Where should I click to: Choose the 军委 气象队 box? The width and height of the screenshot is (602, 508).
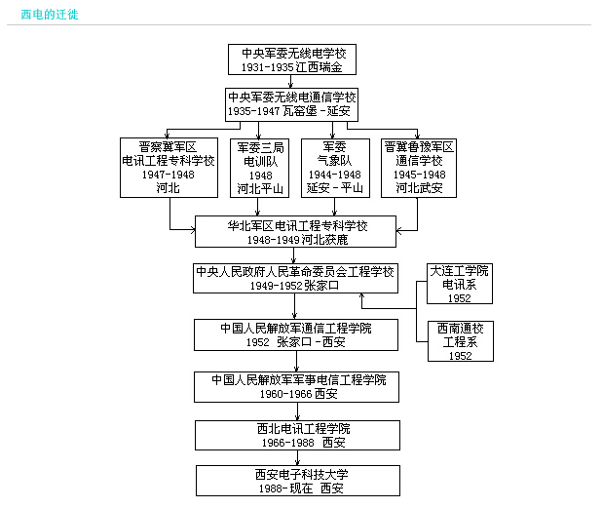pyautogui.click(x=334, y=168)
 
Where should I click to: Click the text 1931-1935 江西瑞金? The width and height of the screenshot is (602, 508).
pyautogui.click(x=292, y=67)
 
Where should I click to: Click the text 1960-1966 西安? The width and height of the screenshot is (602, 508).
pyautogui.click(x=296, y=393)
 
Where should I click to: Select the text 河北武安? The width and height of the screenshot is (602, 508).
pyautogui.click(x=419, y=188)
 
